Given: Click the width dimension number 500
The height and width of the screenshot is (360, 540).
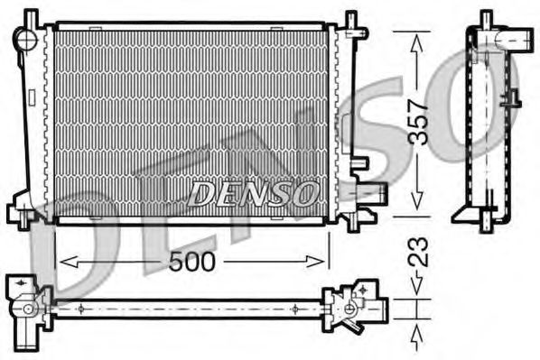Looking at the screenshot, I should point(191,263).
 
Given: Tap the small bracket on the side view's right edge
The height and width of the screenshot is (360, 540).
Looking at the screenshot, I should point(513,98).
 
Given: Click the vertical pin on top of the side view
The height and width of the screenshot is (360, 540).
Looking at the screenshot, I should point(486,19).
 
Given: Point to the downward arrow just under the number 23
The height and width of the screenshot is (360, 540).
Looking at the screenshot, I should point(416,286).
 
